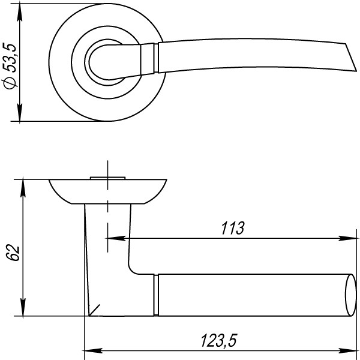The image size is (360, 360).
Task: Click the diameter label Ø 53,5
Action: [10, 65]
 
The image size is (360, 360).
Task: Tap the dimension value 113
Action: [233, 228]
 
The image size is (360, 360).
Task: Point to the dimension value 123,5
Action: [218, 340]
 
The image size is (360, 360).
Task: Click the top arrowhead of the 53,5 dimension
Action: [20, 13]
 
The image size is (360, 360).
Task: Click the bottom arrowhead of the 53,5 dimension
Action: [20, 112]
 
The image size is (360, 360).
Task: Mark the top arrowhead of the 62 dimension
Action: [23, 188]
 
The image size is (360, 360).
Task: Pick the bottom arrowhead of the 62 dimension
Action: [23, 307]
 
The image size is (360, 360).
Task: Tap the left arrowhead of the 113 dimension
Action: [116, 238]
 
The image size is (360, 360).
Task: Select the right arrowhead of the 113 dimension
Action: [347, 238]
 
